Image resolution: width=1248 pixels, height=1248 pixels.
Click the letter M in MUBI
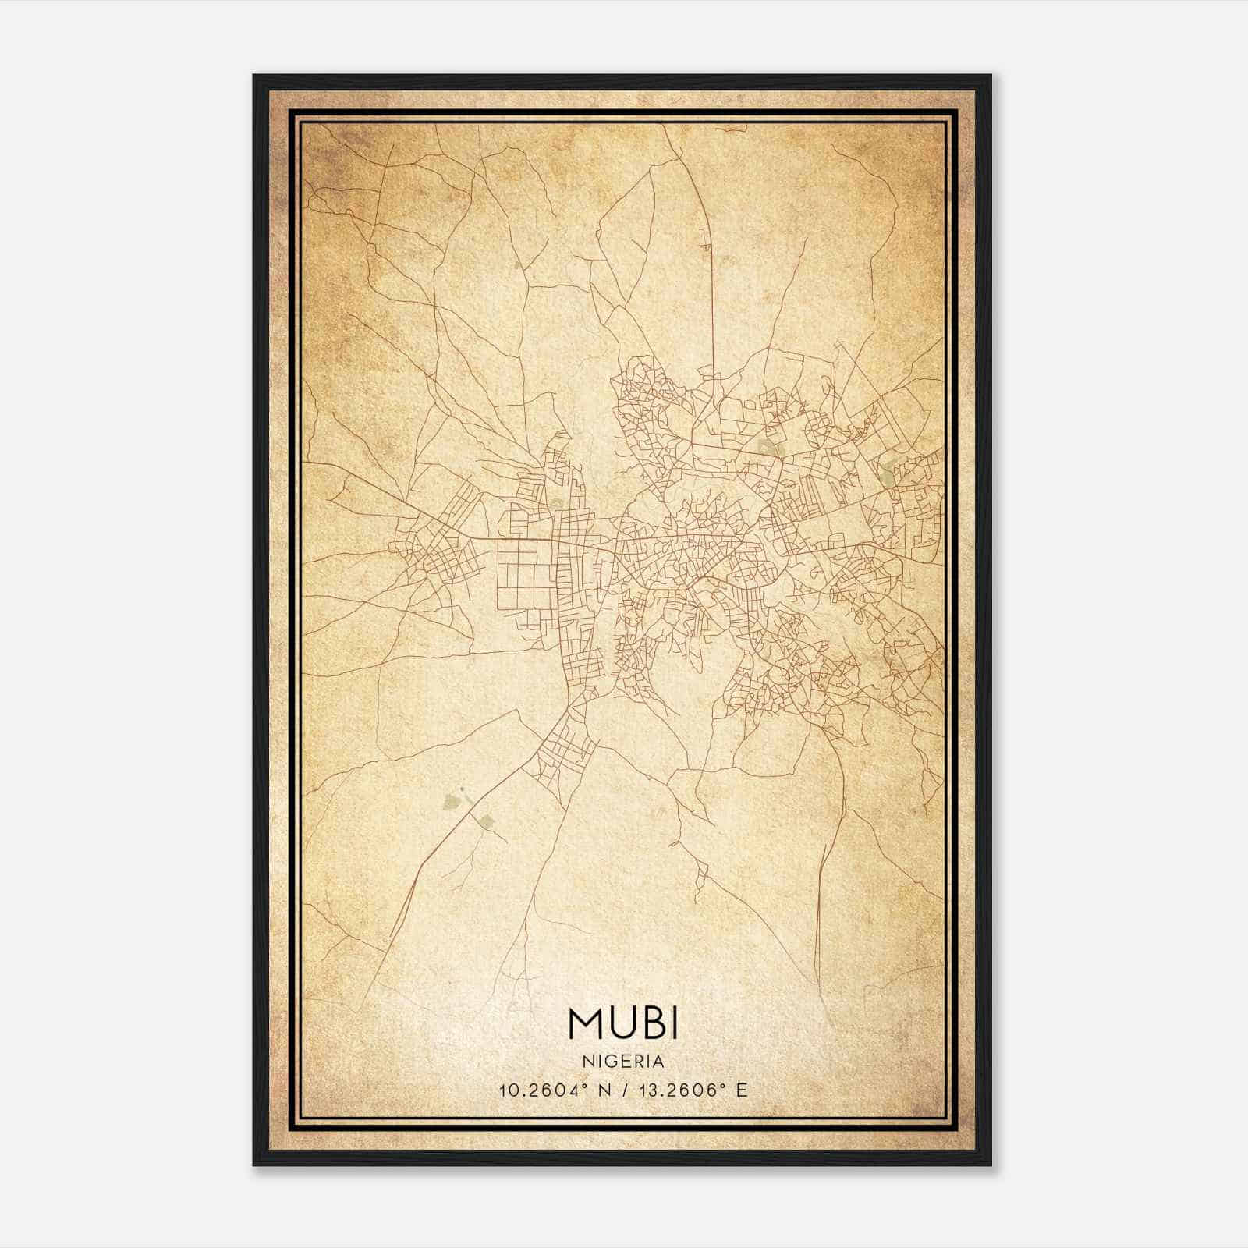585,1024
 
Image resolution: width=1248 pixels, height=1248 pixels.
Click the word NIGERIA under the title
624,1062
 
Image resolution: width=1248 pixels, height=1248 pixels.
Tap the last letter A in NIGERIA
659,1062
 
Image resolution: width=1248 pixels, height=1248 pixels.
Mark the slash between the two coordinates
624,1090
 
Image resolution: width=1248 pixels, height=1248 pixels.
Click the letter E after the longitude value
742,1090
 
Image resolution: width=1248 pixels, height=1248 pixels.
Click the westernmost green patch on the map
451,801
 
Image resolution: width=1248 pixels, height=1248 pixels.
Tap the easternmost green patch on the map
889,470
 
